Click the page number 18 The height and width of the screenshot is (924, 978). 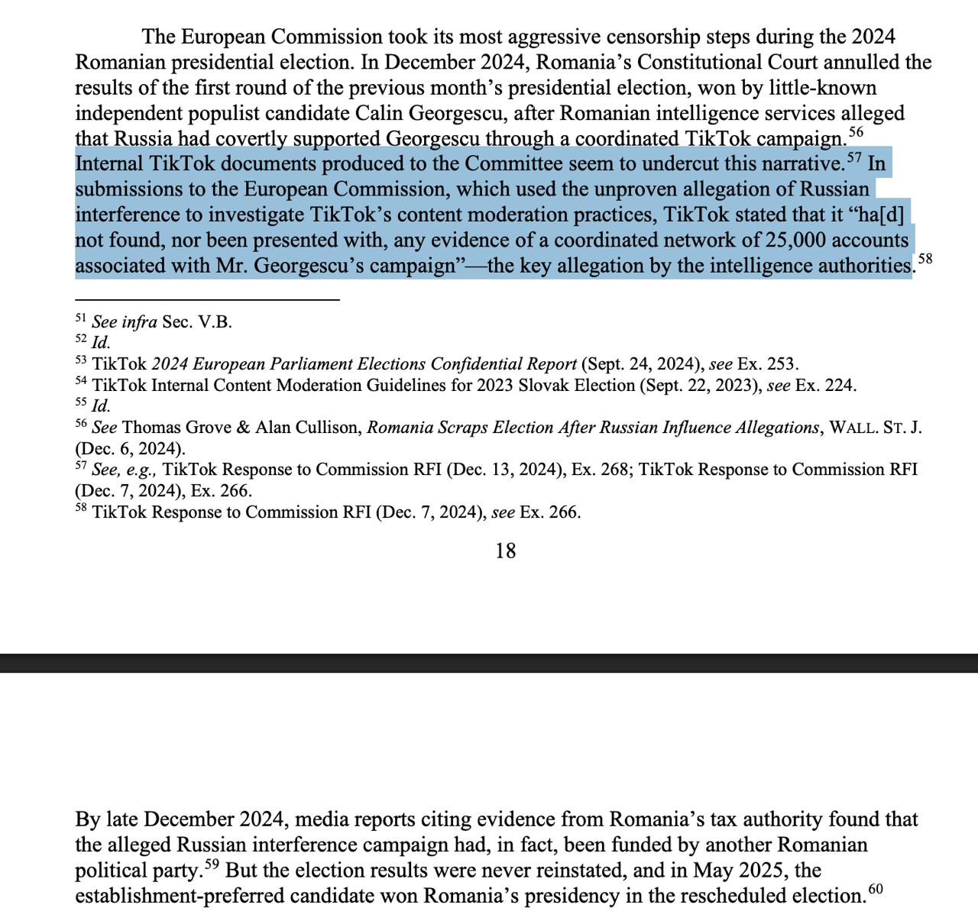click(x=505, y=551)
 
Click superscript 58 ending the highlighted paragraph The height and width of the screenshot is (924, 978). click(x=925, y=259)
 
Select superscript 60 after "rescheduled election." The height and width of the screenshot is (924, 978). click(x=875, y=890)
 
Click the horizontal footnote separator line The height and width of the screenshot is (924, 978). click(x=207, y=300)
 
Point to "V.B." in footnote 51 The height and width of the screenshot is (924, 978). click(x=215, y=321)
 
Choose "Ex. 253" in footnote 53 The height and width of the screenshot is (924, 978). click(x=767, y=364)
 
